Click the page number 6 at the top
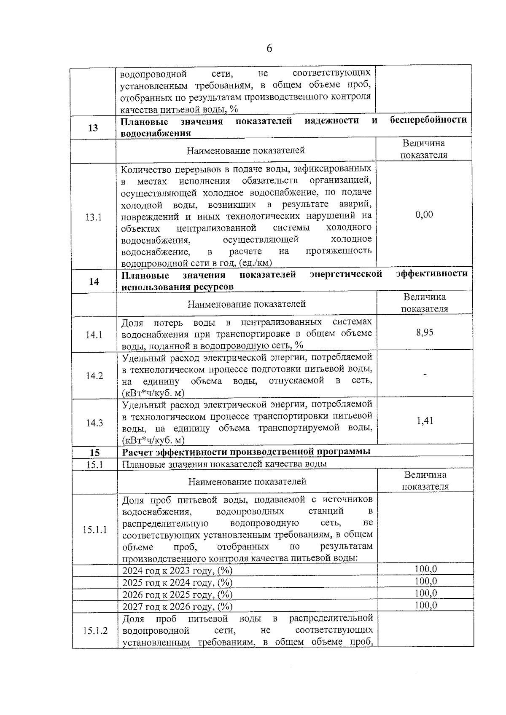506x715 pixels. pos(269,49)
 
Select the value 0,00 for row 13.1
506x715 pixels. pos(424,215)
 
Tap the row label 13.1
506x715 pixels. pos(93,218)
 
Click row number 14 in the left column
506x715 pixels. pos(94,281)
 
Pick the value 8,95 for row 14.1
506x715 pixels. pos(425,333)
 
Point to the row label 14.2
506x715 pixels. pos(94,376)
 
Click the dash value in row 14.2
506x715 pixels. pos(425,374)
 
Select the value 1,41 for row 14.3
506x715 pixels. pos(425,421)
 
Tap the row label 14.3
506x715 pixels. pos(94,423)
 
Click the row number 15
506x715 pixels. pos(95,453)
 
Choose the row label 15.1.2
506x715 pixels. pos(95,631)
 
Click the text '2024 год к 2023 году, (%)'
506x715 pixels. pos(177,571)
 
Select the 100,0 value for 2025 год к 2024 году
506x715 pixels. pos(425,581)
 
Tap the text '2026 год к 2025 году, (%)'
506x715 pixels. pos(177,595)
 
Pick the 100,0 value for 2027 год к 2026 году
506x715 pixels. pos(425,605)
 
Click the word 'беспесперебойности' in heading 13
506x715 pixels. pos(428,120)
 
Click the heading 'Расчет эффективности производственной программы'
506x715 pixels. pos(246,452)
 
